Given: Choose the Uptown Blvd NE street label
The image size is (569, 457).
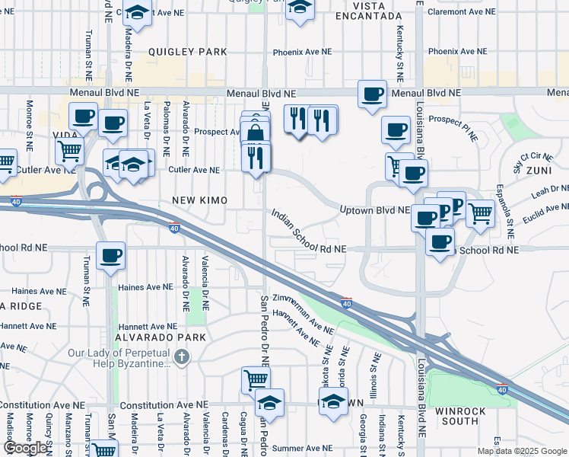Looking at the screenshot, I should [374, 209].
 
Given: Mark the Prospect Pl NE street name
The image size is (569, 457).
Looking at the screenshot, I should [453, 127].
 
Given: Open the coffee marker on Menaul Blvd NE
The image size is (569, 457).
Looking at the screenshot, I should [372, 94].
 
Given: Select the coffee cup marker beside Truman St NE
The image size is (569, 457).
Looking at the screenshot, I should [110, 255].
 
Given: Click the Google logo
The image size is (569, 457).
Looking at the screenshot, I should [26, 448].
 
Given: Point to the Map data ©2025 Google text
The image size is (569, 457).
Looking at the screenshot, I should [522, 451].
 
